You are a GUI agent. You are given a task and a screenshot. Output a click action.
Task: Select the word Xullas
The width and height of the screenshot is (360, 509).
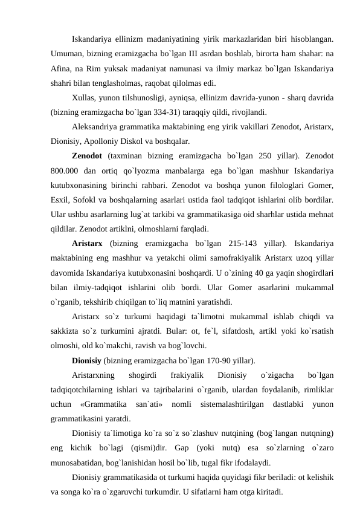pos(84,98)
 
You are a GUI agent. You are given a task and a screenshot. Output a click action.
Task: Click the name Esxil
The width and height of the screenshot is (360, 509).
pos(62,199)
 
